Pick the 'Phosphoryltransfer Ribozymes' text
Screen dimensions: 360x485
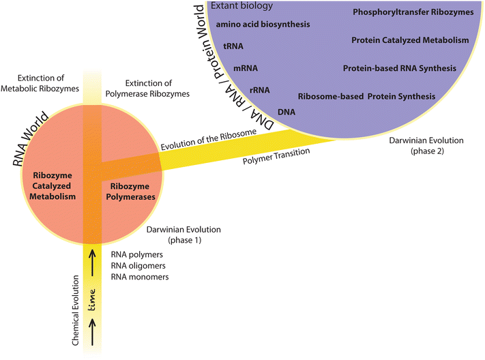pyautogui.click(x=413, y=12)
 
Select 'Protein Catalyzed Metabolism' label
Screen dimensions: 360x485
pyautogui.click(x=412, y=40)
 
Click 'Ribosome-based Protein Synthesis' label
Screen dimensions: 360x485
pyautogui.click(x=367, y=96)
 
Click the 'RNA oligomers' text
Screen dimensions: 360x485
pyautogui.click(x=139, y=265)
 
